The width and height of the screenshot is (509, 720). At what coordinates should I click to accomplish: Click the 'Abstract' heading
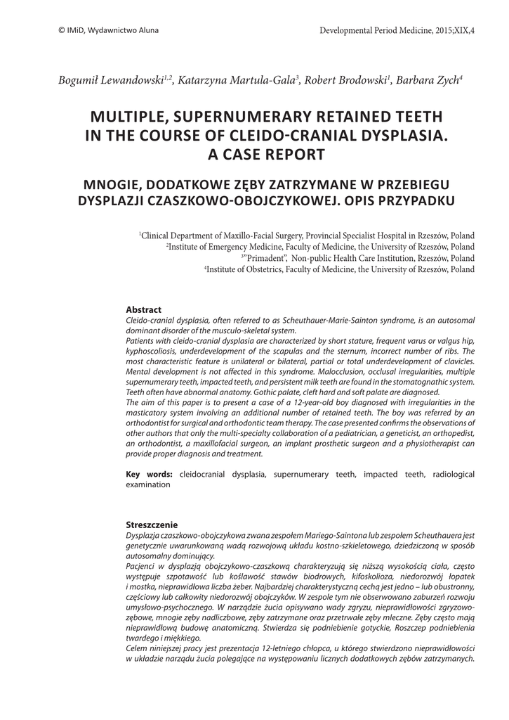pos(143,309)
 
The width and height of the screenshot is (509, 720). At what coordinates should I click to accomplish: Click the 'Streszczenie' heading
pos(152,525)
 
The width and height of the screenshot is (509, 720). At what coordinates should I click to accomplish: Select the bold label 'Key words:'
pos(149,475)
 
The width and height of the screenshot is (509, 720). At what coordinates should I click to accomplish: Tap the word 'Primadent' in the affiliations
pos(264,258)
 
